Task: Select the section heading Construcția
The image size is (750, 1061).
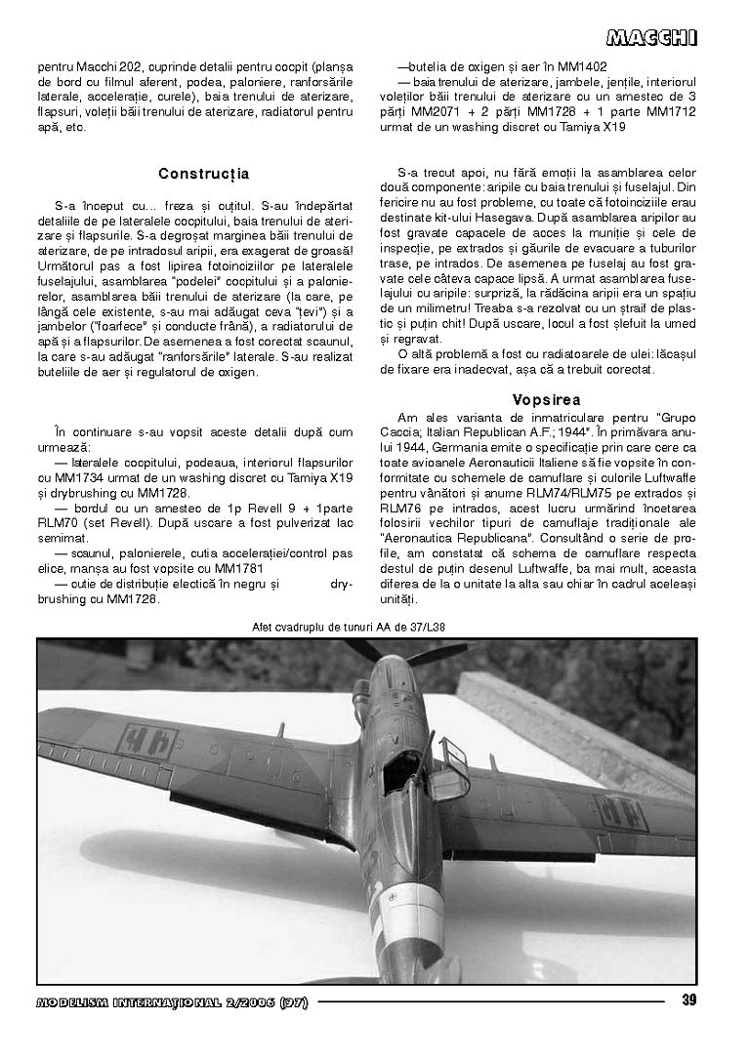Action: [203, 174]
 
